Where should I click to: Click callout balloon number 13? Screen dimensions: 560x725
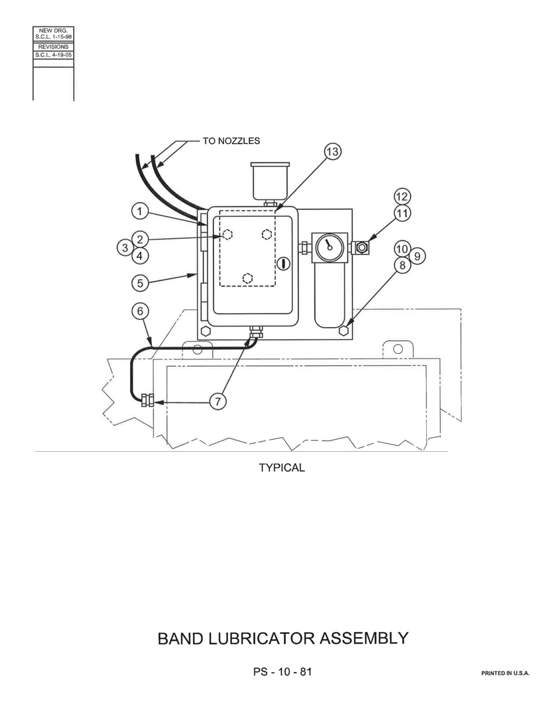(x=332, y=152)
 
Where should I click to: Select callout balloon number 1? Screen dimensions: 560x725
(x=140, y=211)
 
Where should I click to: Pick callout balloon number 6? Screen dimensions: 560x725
(x=140, y=312)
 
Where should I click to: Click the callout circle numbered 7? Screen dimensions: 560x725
(x=218, y=401)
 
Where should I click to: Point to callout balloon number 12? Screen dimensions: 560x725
(x=402, y=197)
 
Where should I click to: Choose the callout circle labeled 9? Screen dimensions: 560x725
(x=417, y=256)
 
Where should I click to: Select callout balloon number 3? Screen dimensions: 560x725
(x=125, y=248)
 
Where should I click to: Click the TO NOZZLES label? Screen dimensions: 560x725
(x=231, y=141)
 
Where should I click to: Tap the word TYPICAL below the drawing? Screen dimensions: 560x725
(x=281, y=468)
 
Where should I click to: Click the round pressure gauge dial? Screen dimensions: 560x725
(x=329, y=247)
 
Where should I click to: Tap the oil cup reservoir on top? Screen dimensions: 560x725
(x=270, y=182)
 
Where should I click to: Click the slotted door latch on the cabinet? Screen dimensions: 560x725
(x=284, y=264)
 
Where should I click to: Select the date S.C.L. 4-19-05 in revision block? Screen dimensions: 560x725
(x=53, y=55)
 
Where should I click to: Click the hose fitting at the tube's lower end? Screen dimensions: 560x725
(x=147, y=400)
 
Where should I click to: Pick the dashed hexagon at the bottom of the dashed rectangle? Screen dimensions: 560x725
(x=247, y=278)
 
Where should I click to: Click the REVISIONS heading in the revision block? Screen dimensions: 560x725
(x=53, y=47)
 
